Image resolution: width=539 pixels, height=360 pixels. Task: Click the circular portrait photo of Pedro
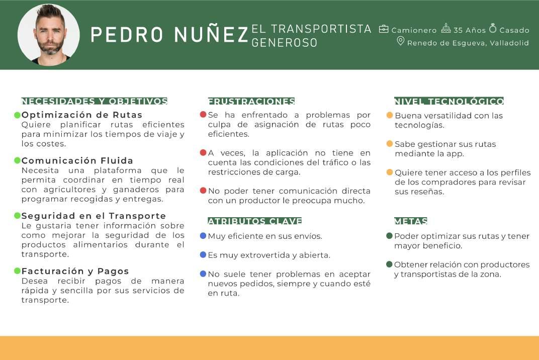[x=49, y=35]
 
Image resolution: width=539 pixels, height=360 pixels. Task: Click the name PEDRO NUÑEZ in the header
[x=169, y=34]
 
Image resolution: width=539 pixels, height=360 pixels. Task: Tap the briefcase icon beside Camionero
[x=384, y=29]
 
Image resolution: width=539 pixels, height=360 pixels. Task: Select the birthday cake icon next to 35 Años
[x=445, y=29]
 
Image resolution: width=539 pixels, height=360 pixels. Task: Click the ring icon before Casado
[x=493, y=29]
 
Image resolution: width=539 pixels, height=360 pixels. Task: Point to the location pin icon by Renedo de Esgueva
[x=401, y=41]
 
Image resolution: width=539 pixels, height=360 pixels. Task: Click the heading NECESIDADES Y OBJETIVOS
[x=95, y=101]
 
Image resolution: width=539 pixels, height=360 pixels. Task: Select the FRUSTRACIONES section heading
[x=251, y=101]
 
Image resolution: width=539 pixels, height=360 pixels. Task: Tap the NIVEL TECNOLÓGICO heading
[x=449, y=101]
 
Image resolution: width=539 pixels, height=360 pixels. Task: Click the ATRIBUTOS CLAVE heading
[x=255, y=221]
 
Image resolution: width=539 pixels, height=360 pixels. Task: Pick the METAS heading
[x=411, y=221]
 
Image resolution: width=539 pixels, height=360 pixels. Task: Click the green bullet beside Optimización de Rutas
[x=17, y=115]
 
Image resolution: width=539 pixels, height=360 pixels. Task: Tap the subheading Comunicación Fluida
[x=77, y=161]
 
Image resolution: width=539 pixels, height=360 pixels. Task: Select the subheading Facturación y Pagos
[x=75, y=271]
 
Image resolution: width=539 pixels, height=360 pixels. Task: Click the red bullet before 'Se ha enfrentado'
[x=203, y=115]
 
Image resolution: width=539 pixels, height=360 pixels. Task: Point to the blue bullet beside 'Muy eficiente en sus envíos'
[x=203, y=236]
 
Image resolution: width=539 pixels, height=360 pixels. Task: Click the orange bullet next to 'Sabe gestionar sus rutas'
[x=390, y=144]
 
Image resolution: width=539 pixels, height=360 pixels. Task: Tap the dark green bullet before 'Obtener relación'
[x=389, y=264]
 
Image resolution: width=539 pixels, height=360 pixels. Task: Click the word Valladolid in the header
[x=509, y=43]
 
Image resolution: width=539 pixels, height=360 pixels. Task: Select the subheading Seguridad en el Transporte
[x=94, y=216]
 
